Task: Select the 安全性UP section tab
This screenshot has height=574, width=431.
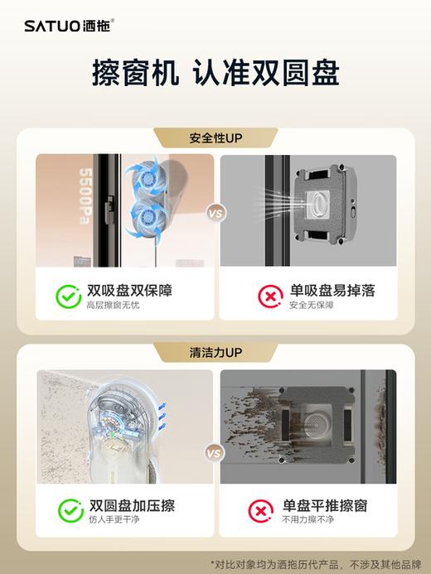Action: (215, 137)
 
